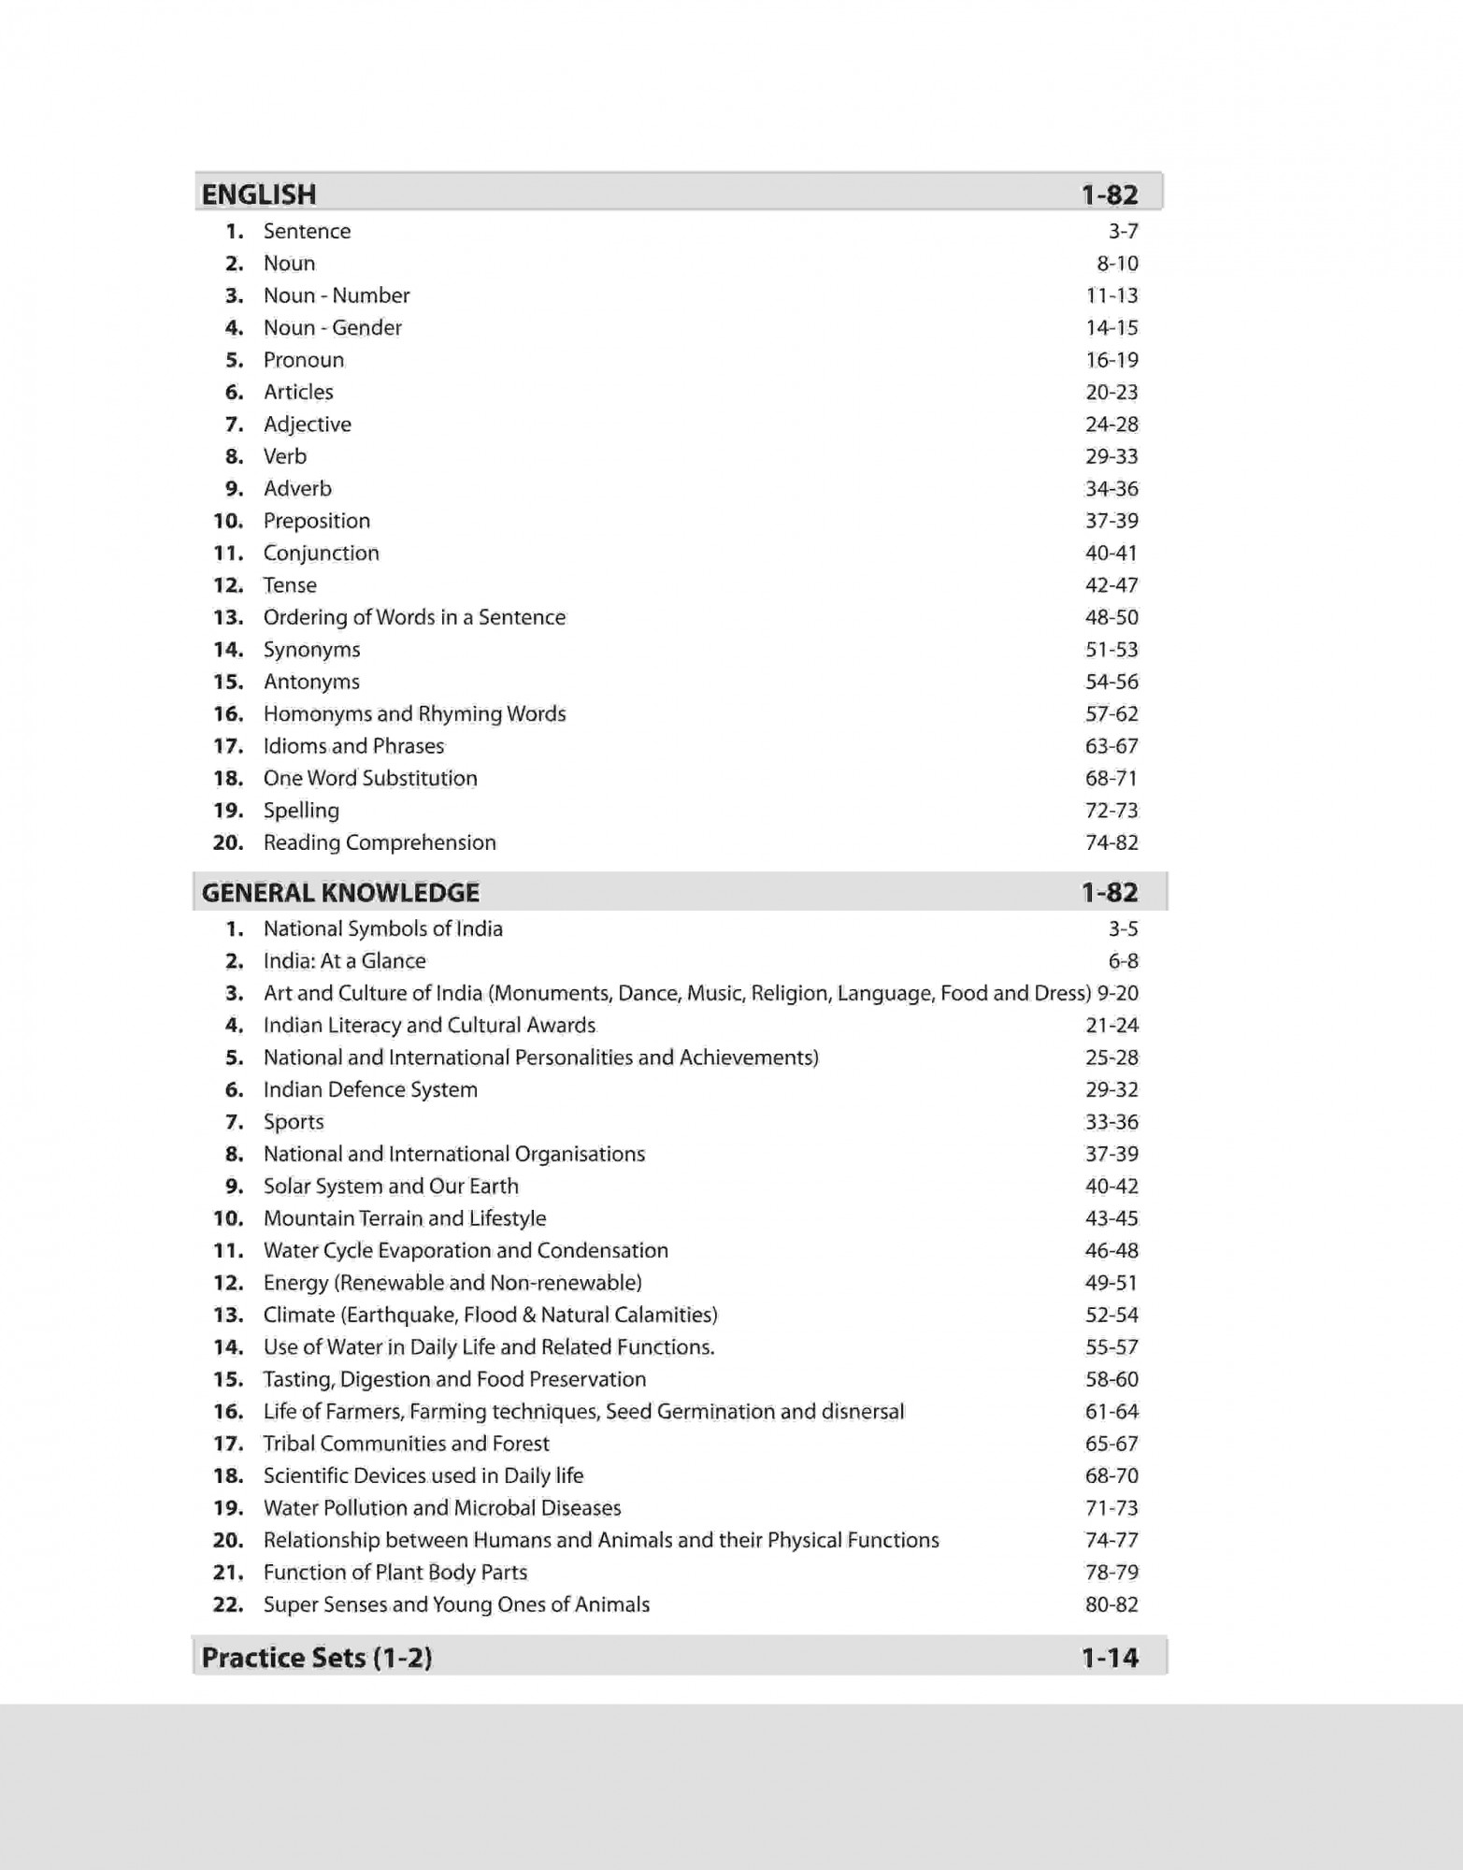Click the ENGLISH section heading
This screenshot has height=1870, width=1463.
point(259,194)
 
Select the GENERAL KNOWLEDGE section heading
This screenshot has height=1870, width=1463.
point(340,893)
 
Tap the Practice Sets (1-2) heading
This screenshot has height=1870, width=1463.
point(317,1658)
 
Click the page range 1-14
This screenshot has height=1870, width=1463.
point(1110,1658)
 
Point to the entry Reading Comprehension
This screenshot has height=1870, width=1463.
point(380,842)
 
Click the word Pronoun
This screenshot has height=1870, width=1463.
point(304,360)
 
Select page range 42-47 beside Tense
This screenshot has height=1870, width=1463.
point(1112,585)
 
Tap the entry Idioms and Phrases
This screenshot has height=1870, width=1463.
point(353,746)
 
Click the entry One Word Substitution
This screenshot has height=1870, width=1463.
point(370,778)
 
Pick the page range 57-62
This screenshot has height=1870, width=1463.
point(1112,714)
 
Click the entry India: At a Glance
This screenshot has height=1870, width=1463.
point(344,961)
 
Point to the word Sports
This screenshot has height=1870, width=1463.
point(294,1122)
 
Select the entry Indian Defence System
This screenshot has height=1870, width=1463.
point(370,1090)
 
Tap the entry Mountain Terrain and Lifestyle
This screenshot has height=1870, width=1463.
point(405,1218)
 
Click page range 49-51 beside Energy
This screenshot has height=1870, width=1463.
point(1112,1283)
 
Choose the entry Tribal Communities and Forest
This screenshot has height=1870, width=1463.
point(407,1444)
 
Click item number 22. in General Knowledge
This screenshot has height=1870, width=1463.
point(228,1604)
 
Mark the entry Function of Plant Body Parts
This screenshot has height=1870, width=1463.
point(395,1573)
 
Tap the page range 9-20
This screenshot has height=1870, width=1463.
point(1118,993)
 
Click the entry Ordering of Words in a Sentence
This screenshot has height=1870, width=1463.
point(414,617)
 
